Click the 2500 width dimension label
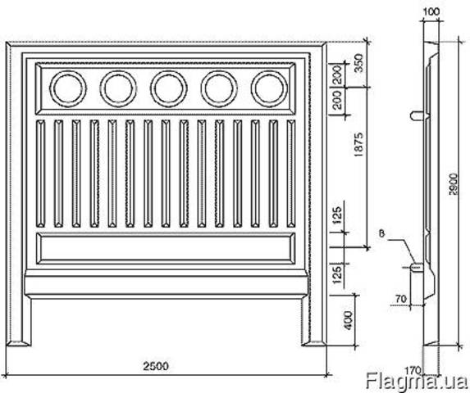[156, 366]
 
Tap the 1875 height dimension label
[358, 145]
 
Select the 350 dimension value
[358, 63]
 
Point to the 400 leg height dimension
[349, 320]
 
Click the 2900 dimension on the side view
[454, 184]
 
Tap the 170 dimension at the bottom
[413, 371]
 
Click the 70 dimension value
[401, 299]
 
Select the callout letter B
[381, 233]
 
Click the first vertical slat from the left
[40, 174]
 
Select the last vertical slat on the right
[290, 174]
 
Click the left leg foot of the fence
[19, 343]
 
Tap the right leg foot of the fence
[314, 343]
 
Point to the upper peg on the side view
[418, 115]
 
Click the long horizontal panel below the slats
[166, 248]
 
